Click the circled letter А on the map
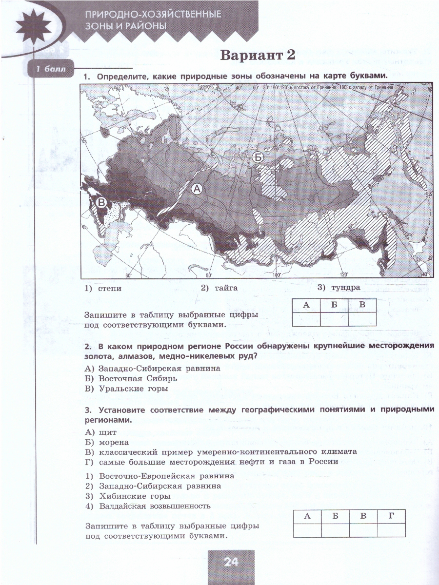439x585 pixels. pyautogui.click(x=197, y=189)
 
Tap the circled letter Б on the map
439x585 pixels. pyautogui.click(x=258, y=157)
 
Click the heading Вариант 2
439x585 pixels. pyautogui.click(x=258, y=55)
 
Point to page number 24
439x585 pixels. pyautogui.click(x=231, y=562)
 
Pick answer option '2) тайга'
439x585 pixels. pyautogui.click(x=219, y=288)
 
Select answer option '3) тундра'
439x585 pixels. pyautogui.click(x=339, y=288)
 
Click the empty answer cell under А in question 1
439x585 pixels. pyautogui.click(x=306, y=319)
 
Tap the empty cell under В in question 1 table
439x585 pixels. pyautogui.click(x=362, y=319)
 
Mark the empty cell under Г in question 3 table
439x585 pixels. pyautogui.click(x=391, y=529)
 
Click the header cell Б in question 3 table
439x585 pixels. pyautogui.click(x=335, y=516)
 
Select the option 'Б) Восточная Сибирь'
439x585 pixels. pyautogui.click(x=131, y=378)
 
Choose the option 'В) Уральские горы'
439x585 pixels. pyautogui.click(x=126, y=389)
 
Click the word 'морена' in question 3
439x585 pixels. pyautogui.click(x=113, y=442)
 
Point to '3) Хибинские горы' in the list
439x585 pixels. pyautogui.click(x=128, y=496)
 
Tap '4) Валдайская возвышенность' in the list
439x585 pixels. pyautogui.click(x=148, y=506)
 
